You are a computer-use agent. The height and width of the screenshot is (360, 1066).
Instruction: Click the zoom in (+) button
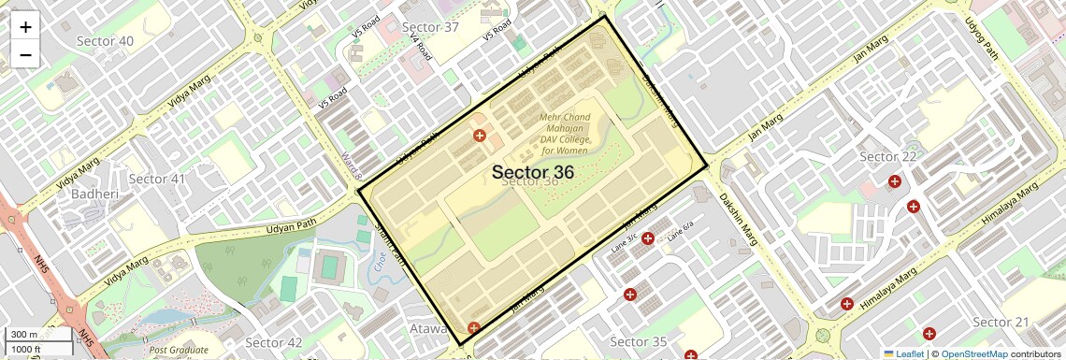[x=25, y=27]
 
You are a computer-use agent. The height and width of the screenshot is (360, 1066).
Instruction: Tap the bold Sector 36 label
[x=532, y=172]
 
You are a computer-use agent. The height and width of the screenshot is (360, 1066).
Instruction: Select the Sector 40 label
[x=105, y=41]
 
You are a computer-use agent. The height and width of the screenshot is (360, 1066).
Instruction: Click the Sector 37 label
[x=430, y=27]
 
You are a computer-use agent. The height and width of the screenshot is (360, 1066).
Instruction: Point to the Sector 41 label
[x=157, y=179]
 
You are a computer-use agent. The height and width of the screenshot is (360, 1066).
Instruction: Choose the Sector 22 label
[x=887, y=156]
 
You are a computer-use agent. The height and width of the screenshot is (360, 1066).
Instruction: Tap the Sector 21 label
[x=1001, y=323]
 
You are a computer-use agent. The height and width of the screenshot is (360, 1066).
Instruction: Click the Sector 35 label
[x=638, y=341]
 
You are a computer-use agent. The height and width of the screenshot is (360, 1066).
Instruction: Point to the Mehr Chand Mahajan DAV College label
[x=564, y=134]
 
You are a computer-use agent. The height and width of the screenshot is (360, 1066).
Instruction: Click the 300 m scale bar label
[x=24, y=335]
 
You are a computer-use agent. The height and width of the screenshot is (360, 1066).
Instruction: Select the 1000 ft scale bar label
[x=26, y=349]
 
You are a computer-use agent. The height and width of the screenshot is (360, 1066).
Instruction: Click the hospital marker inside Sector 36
[x=480, y=137]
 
